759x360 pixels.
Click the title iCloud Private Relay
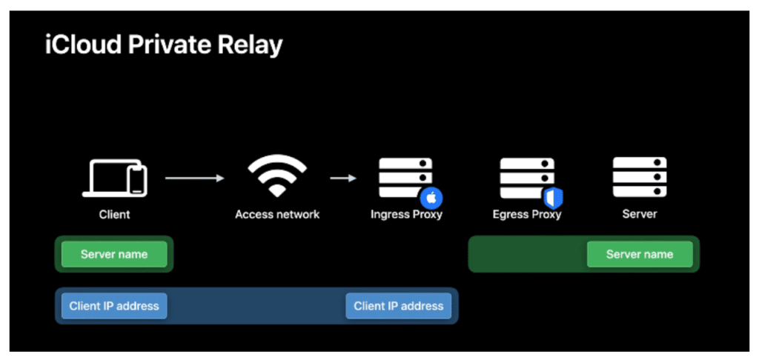click(x=163, y=46)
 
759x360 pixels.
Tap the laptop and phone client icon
click(x=114, y=179)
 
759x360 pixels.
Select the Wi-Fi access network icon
click(x=276, y=176)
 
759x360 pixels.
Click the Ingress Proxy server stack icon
click(x=404, y=176)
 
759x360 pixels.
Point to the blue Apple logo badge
click(x=431, y=199)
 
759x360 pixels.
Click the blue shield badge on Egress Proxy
click(x=554, y=199)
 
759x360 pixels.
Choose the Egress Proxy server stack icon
click(x=526, y=177)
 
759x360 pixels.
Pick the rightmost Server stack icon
click(x=639, y=177)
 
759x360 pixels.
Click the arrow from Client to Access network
click(x=193, y=178)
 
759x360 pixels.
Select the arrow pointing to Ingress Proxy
click(x=343, y=178)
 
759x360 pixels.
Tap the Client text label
click(x=114, y=215)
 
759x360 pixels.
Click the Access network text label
click(x=277, y=215)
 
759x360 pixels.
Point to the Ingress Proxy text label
click(x=406, y=215)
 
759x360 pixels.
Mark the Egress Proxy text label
click(x=527, y=215)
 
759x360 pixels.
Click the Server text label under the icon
click(x=639, y=214)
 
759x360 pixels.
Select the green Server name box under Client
click(x=114, y=254)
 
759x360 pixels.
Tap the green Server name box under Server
click(x=640, y=254)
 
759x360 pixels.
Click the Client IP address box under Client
click(x=114, y=305)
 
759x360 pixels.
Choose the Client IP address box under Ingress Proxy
click(x=398, y=305)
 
